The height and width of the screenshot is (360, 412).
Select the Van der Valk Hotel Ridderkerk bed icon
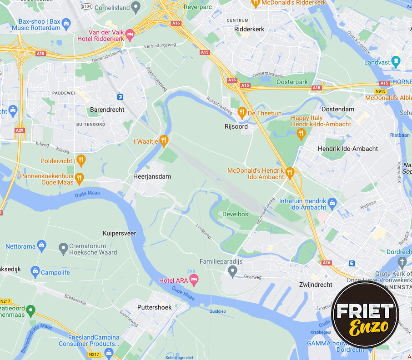130,34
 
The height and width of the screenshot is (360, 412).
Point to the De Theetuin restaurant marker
242,112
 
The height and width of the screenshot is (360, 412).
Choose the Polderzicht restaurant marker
81,160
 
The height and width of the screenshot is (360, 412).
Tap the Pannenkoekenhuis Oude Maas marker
80,178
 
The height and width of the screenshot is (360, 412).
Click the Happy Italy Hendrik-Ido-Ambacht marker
301,133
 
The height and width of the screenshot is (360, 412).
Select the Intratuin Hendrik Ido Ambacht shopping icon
332,202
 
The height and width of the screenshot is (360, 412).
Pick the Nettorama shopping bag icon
42,246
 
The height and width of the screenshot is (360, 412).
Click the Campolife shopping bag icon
35,272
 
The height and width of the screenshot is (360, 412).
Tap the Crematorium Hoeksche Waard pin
63,248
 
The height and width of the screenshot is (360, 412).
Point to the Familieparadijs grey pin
233,272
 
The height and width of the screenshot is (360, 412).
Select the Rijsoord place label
236,126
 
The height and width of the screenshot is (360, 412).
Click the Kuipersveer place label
120,233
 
